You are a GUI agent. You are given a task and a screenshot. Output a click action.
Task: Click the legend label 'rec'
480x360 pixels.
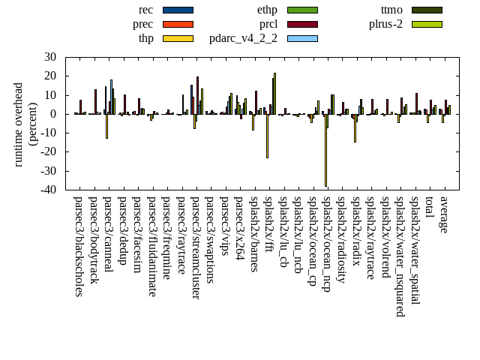146,10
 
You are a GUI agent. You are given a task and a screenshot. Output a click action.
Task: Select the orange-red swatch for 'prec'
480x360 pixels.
178,24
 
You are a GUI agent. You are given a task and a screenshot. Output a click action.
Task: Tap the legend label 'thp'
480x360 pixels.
145,38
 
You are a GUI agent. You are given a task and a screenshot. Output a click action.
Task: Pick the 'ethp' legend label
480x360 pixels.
267,10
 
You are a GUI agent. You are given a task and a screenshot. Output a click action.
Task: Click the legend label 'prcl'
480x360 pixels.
268,24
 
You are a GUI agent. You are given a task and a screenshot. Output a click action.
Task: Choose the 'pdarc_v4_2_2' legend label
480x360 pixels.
243,38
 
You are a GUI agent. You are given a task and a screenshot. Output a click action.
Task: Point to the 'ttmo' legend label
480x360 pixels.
391,10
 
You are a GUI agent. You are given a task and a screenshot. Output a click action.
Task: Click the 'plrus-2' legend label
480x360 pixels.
385,24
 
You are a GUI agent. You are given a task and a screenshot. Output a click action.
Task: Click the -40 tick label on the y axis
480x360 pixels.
49,190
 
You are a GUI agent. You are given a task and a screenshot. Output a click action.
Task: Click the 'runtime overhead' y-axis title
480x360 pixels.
19,124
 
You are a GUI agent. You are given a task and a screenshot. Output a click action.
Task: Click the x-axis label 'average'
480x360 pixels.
444,214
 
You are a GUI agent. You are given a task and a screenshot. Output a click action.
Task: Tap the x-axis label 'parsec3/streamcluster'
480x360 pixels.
196,248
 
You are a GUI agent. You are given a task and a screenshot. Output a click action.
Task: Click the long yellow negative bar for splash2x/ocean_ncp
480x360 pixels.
325,150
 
